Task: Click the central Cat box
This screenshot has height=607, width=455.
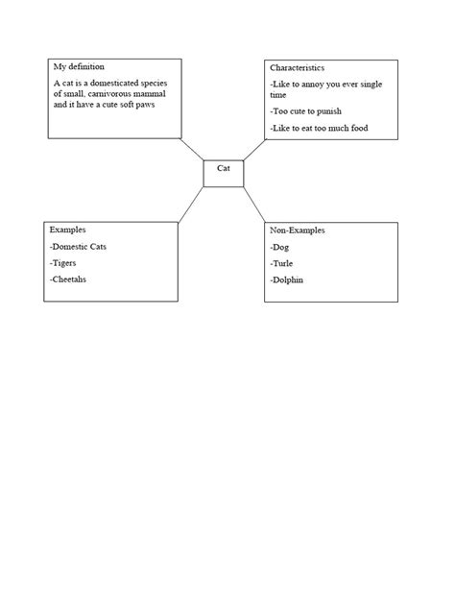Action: [x=224, y=172]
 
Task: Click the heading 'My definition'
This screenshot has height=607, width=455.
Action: [x=78, y=67]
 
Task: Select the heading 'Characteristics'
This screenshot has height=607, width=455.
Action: [x=298, y=68]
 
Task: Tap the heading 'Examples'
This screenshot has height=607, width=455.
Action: [x=68, y=231]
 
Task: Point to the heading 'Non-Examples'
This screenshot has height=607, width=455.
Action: [x=298, y=231]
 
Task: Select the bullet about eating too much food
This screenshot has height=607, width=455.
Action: [x=319, y=128]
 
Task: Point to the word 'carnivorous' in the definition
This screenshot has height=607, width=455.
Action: [x=114, y=93]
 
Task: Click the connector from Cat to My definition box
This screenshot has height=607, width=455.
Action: [x=190, y=149]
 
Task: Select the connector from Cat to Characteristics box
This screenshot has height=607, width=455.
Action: [x=254, y=149]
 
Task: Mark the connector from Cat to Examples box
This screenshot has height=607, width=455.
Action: [x=190, y=205]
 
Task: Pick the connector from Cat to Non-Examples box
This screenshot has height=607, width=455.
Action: [x=254, y=205]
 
